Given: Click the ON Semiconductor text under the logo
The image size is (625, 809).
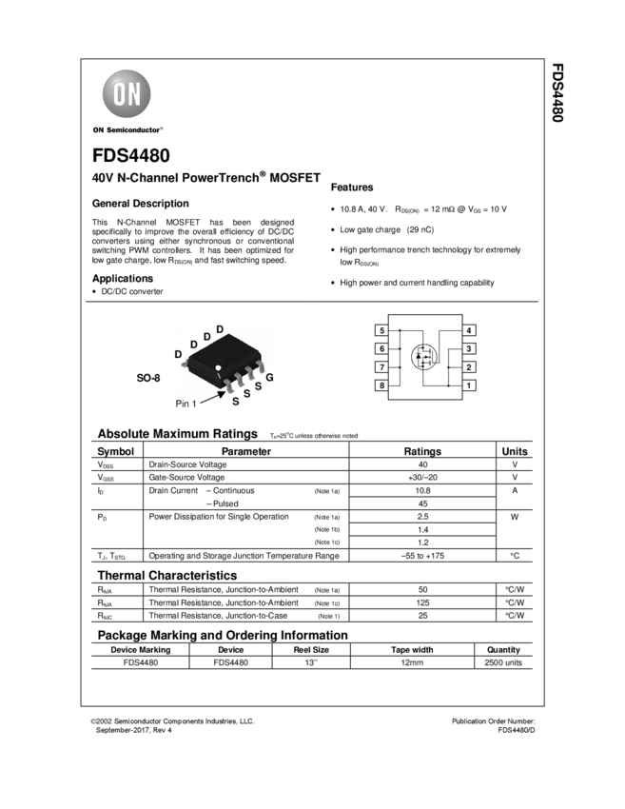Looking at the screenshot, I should click(x=127, y=129).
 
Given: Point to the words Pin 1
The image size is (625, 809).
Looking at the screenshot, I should click(x=187, y=404).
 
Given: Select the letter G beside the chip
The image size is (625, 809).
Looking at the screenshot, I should click(x=270, y=378).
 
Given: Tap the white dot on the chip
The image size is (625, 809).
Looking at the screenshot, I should click(x=218, y=367).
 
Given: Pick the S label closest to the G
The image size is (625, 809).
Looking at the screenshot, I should click(x=258, y=385).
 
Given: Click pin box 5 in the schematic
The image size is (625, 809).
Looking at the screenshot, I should click(x=382, y=330).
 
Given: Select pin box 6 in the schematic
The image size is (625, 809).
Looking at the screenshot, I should click(x=382, y=348).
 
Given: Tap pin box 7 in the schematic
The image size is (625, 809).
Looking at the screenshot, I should click(x=382, y=366).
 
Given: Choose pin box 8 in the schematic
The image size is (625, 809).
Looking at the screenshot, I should click(x=382, y=385).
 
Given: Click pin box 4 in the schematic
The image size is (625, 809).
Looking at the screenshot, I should click(x=469, y=330).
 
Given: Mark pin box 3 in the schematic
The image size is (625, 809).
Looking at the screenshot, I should click(x=469, y=348).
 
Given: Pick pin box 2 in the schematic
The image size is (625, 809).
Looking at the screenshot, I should click(x=469, y=366).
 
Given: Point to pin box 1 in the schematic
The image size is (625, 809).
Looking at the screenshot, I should click(x=469, y=385).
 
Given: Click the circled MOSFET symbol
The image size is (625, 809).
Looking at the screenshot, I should click(x=424, y=358).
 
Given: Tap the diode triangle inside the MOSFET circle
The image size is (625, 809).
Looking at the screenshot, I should click(x=419, y=360).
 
